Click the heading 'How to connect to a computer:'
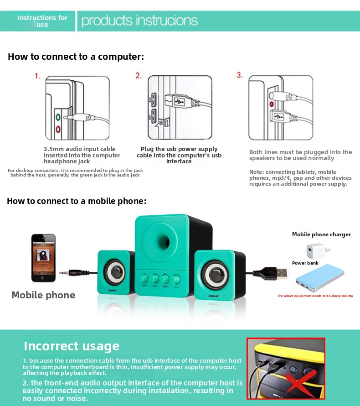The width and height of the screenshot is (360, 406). [76, 57]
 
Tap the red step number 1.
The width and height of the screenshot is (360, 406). [38, 76]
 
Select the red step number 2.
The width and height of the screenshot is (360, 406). [139, 76]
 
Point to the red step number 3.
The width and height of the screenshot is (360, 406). [240, 75]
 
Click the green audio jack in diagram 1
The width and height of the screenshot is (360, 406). [58, 117]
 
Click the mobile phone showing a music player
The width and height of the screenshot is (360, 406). [43, 258]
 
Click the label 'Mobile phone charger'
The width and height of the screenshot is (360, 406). [321, 234]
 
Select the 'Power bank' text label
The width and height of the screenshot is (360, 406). [305, 263]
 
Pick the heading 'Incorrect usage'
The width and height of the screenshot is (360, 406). [72, 346]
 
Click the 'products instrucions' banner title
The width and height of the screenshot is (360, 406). [139, 21]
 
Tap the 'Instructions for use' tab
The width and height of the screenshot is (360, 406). [42, 21]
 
